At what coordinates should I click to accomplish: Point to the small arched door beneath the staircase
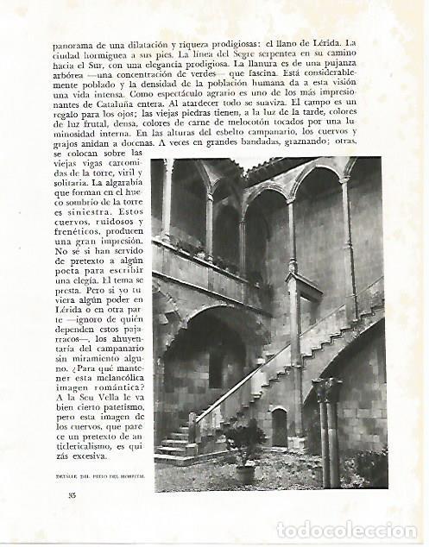click(279, 426)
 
